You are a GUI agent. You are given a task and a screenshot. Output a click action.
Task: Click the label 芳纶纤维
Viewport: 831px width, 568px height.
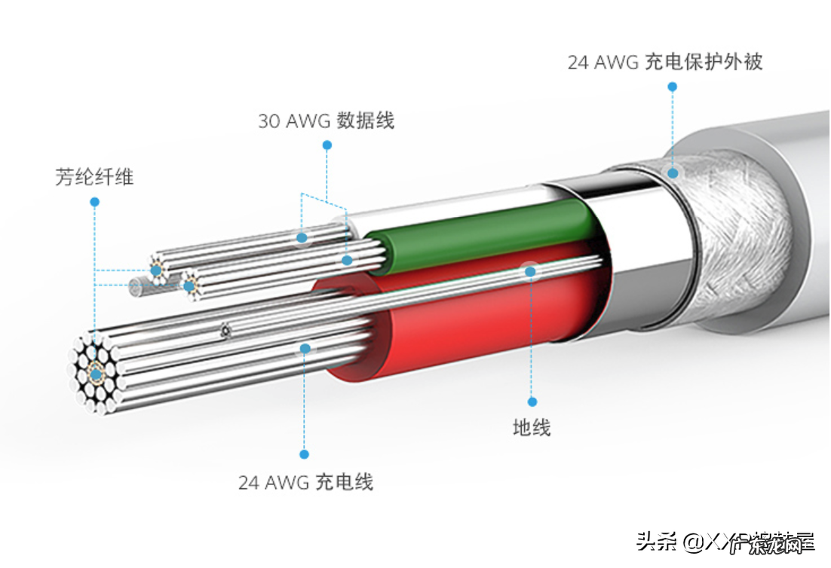(94, 177)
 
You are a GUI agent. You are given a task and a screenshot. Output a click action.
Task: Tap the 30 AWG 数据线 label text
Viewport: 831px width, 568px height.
(326, 121)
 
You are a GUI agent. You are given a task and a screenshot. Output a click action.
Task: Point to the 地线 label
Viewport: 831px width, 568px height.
(532, 428)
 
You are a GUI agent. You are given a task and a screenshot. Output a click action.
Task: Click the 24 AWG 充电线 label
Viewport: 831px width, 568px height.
(305, 482)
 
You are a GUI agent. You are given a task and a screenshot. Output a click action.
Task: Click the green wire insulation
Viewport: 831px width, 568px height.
(483, 234)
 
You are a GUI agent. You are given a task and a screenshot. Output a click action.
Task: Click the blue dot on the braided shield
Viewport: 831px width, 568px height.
(672, 173)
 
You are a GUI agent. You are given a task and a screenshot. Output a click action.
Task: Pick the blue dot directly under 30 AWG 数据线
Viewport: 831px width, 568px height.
(327, 145)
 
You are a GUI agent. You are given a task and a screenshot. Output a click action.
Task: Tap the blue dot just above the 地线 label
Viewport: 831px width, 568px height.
(532, 402)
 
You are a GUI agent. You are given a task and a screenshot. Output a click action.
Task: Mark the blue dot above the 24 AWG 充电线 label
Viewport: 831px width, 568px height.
(305, 454)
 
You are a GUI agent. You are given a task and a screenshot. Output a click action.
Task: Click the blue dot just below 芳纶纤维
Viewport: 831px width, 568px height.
(94, 202)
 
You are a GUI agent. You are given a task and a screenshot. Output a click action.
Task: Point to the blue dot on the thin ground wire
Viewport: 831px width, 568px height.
(531, 271)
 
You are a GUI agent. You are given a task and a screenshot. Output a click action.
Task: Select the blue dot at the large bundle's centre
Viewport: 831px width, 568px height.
(97, 374)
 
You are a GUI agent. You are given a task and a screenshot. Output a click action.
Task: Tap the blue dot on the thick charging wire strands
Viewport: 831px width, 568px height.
(305, 348)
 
